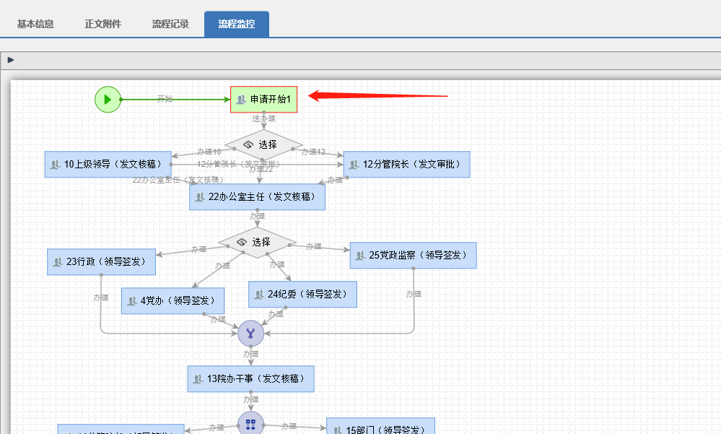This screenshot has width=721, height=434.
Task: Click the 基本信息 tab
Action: [35, 24]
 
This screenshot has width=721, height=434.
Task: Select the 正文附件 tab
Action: [102, 24]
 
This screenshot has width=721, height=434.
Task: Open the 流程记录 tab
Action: [170, 24]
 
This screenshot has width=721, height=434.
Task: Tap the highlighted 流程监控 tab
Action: [237, 24]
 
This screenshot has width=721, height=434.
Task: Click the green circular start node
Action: [108, 99]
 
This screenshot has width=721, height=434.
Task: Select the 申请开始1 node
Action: [263, 99]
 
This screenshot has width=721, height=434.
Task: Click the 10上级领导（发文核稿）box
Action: [108, 164]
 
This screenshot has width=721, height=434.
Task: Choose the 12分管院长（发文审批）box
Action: [406, 164]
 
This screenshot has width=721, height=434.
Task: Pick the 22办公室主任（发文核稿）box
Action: [257, 196]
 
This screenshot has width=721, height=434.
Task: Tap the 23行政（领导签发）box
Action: [101, 261]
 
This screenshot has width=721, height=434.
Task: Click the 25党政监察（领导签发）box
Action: [413, 255]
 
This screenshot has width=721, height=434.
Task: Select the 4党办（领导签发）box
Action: [172, 300]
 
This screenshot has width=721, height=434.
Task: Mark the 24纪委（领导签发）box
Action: [302, 294]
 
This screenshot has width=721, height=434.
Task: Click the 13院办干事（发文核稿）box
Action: [250, 378]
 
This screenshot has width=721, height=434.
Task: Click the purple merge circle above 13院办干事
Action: [250, 334]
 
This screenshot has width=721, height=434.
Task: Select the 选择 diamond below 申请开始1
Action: [263, 144]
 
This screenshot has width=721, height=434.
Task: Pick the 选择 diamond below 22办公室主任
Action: [257, 242]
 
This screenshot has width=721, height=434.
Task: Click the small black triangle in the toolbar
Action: [11, 60]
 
